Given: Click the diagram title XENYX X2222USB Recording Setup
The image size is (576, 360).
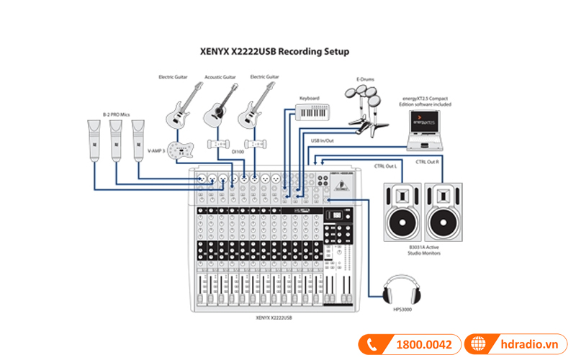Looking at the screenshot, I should pyautogui.click(x=273, y=51).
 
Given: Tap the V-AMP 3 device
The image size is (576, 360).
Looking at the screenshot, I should pyautogui.click(x=183, y=150).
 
